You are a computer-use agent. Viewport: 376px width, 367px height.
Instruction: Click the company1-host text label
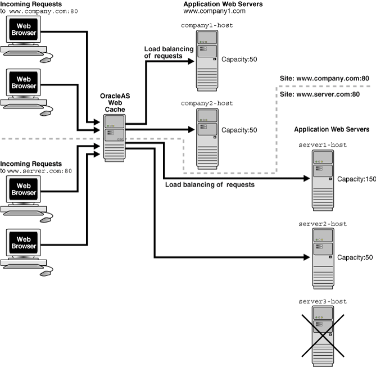(206, 26)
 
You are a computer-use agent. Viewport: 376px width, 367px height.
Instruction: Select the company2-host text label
(206, 103)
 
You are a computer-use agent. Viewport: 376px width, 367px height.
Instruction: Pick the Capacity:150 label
(355, 179)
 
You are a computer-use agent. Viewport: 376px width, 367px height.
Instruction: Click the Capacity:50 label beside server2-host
(354, 257)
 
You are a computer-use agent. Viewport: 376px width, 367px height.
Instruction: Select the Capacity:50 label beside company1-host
(238, 58)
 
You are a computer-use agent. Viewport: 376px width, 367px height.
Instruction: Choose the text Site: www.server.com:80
(320, 94)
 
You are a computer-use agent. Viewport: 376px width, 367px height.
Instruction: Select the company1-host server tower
(206, 60)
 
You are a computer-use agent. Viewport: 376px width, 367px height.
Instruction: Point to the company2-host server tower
(206, 138)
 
